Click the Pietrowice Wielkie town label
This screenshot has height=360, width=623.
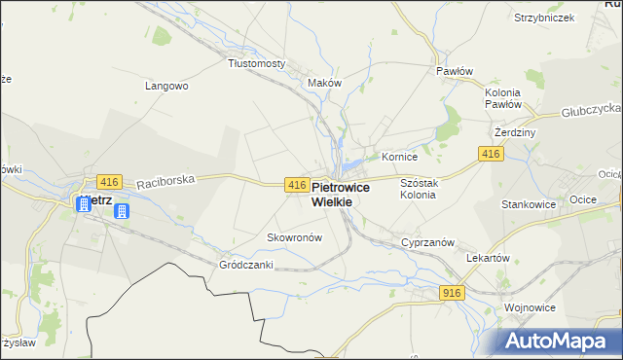coord(332,194)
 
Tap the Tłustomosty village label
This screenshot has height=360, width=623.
coord(256,63)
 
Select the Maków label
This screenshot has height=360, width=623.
coord(324,83)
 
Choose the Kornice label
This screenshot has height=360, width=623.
coord(399,156)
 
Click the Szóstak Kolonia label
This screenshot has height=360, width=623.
coord(419,189)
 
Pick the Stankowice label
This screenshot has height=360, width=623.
coord(529,205)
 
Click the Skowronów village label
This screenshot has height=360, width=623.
coord(294,237)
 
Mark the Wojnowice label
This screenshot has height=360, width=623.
coord(530,307)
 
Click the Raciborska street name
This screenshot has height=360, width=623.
coord(166,180)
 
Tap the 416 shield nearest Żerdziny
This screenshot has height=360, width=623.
coord(491,155)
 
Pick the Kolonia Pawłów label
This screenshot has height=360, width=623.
coord(503,97)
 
